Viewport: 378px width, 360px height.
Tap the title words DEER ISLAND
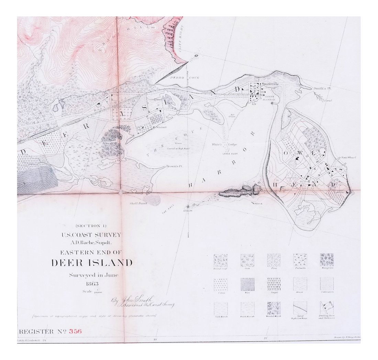coord(92,263)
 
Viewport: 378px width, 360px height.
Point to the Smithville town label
coord(270,84)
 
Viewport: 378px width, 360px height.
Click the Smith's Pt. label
coord(322,89)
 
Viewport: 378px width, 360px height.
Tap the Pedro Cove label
coord(180,78)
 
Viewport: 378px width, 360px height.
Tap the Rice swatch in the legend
coord(247,284)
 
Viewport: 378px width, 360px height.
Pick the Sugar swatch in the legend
coord(274,284)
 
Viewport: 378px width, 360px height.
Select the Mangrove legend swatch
coord(326,260)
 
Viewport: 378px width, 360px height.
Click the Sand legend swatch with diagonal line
coord(300,308)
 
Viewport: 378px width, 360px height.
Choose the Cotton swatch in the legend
coord(220,284)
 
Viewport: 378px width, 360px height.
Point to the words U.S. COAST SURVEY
coord(91,235)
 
